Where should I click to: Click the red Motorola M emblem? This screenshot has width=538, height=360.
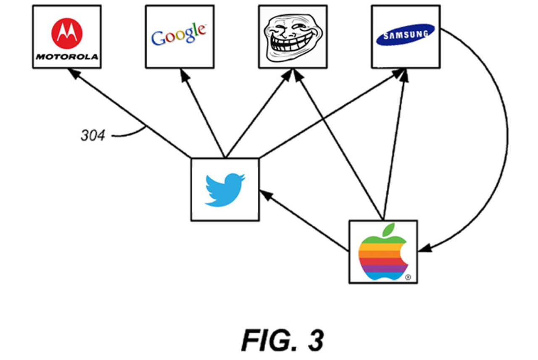pyautogui.click(x=67, y=33)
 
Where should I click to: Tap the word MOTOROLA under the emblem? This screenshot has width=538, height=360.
pyautogui.click(x=67, y=56)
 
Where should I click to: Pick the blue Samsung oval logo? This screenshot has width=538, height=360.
pyautogui.click(x=405, y=34)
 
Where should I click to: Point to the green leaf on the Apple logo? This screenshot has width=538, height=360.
pyautogui.click(x=389, y=230)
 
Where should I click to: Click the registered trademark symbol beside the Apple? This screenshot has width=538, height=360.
pyautogui.click(x=408, y=278)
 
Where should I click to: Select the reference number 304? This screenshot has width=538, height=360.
pyautogui.click(x=92, y=136)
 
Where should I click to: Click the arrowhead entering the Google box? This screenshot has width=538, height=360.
pyautogui.click(x=184, y=74)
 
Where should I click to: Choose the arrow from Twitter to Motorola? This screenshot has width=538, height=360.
pyautogui.click(x=130, y=114)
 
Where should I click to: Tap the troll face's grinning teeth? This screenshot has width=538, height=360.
pyautogui.click(x=290, y=45)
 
